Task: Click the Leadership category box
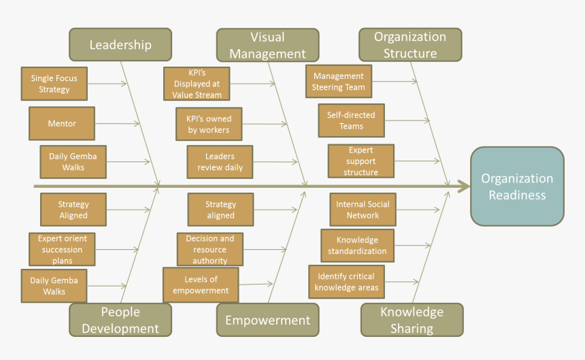coord(120,45)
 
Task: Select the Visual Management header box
coord(267,45)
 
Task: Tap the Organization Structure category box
coord(410,45)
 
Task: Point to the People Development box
coord(120,320)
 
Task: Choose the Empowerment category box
coord(267,320)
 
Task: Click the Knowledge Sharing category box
coord(412,320)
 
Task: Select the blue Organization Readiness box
coord(517,186)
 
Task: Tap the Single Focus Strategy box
coord(54,84)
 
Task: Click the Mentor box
coord(62,124)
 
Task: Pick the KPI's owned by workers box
coord(209,124)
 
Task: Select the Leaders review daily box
coord(220,162)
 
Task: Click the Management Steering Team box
coord(339,82)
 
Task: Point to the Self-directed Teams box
coord(351,120)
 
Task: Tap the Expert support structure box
coord(361,161)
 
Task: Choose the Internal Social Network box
coord(363,210)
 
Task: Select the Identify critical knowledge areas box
coord(346,282)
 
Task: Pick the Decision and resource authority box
coord(210,250)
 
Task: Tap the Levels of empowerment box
coord(201,285)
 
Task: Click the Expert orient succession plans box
coord(62,249)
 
